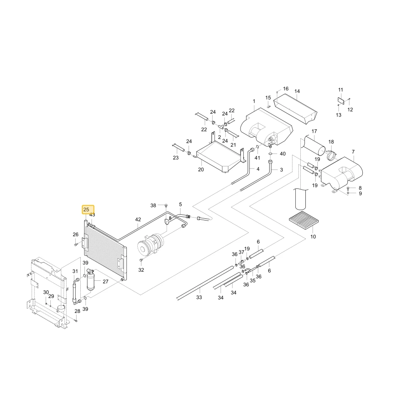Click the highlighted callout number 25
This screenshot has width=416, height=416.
[86, 210]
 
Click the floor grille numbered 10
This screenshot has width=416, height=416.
[304, 220]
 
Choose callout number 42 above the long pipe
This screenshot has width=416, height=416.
[138, 219]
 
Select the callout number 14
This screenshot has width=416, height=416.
[297, 91]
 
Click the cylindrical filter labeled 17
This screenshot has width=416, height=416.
[314, 145]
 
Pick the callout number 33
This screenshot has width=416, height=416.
[199, 297]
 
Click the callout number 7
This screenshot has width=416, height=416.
[353, 152]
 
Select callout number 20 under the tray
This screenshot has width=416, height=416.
[201, 170]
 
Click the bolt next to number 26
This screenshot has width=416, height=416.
[76, 244]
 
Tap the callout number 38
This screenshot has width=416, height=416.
[153, 206]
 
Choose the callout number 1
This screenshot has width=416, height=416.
[254, 101]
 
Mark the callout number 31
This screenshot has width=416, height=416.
[75, 271]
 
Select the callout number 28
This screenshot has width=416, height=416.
[77, 311]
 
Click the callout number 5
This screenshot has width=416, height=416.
[181, 204]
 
